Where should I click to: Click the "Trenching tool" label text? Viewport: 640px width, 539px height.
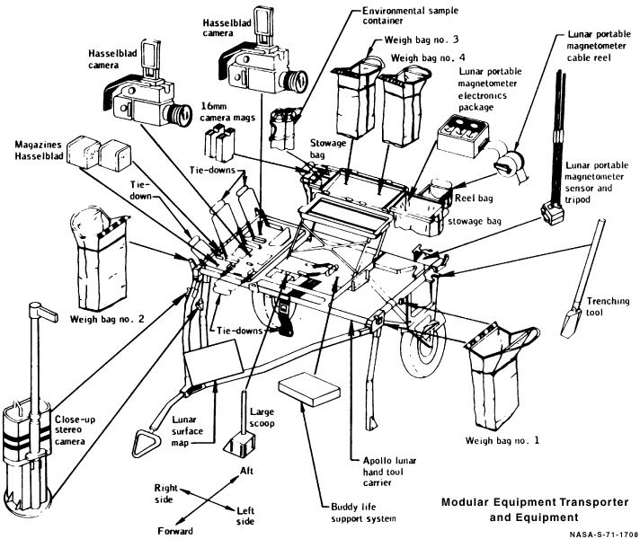[x=609, y=306]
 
